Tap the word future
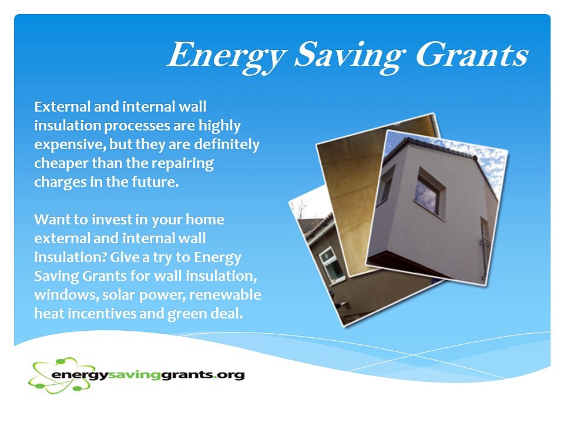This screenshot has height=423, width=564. tap(155, 182)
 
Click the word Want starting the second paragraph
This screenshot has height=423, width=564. tap(50, 219)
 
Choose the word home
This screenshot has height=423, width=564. tap(204, 219)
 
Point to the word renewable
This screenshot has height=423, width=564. tap(225, 294)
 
